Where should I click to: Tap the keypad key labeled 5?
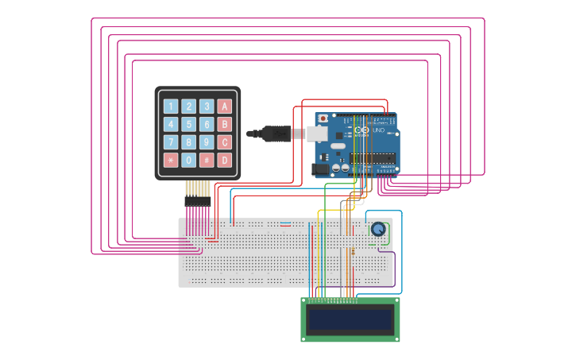click(188, 124)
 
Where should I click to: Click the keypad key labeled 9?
click(207, 142)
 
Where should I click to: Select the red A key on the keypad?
click(225, 106)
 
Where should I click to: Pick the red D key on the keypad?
click(225, 161)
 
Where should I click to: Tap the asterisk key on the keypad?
click(170, 161)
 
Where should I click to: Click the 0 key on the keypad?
click(188, 161)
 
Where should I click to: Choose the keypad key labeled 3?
click(207, 106)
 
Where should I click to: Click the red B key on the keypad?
click(225, 124)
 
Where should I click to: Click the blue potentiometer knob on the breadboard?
click(378, 230)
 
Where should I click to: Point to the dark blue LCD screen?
click(350, 320)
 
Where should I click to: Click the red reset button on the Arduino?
click(323, 118)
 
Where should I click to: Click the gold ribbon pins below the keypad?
click(198, 189)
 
